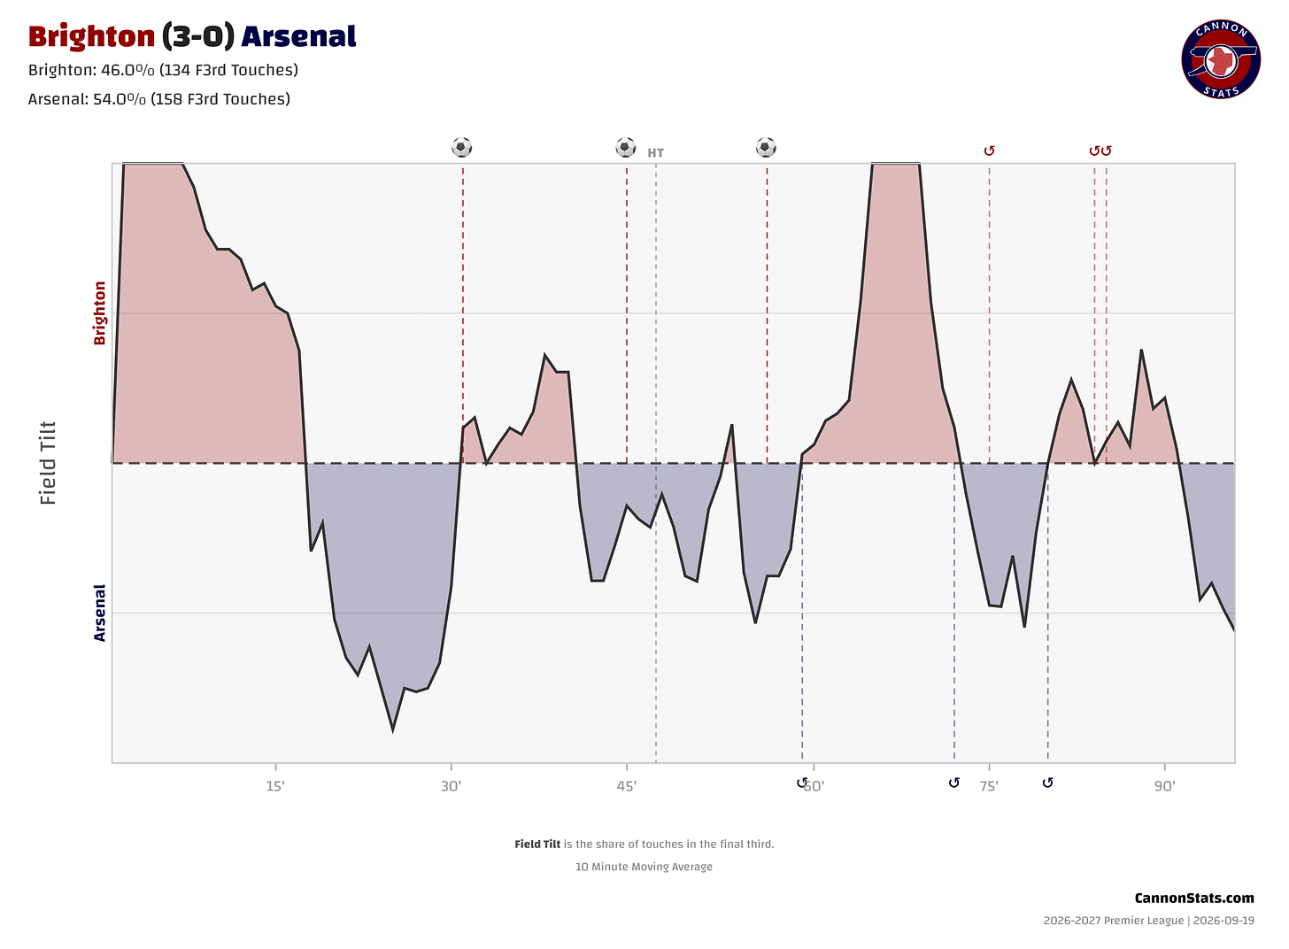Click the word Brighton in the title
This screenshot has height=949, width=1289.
(91, 37)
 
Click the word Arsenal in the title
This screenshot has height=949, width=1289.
(298, 37)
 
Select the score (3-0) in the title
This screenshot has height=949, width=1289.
(198, 37)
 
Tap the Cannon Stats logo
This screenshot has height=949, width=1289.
(1221, 59)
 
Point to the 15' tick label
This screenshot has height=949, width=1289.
(275, 786)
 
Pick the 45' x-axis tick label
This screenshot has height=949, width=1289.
(627, 786)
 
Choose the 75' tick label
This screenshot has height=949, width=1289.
(989, 786)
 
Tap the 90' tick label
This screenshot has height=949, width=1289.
(1165, 786)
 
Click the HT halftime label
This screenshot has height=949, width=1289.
(655, 153)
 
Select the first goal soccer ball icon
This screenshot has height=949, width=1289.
(461, 147)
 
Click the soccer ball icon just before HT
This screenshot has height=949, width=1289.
(626, 147)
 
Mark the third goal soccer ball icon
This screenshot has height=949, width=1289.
(766, 147)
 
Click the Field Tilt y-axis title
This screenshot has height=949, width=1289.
(48, 463)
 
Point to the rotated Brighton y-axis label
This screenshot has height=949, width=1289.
(99, 313)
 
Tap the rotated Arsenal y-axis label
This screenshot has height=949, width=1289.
(99, 613)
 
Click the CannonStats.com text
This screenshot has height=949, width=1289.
(1194, 899)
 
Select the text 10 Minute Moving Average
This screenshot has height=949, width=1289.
(644, 867)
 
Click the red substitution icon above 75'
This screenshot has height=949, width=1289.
(989, 150)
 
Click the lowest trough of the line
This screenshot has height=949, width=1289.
(393, 731)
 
